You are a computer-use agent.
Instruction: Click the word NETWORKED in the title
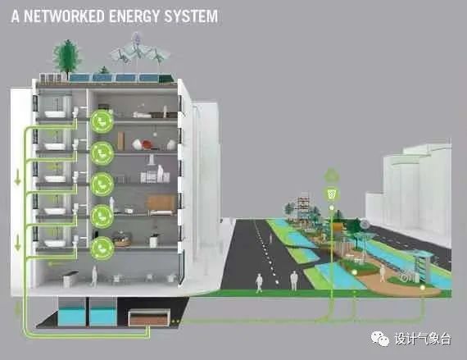click(64, 16)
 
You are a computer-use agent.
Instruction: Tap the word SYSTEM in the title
click(191, 16)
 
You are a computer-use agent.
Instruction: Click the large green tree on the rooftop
click(66, 57)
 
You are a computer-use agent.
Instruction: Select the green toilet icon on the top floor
click(102, 121)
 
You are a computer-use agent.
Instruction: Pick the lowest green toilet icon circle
click(102, 248)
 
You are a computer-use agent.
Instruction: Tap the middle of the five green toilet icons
click(102, 185)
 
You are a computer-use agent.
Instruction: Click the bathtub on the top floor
click(55, 114)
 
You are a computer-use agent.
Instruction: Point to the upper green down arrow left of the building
click(17, 178)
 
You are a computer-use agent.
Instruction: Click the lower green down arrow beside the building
click(17, 242)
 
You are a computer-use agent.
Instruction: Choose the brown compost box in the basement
click(149, 317)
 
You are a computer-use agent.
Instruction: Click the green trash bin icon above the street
click(332, 194)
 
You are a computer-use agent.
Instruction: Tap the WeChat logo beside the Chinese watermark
click(379, 339)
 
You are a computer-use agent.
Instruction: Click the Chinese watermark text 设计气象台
click(423, 339)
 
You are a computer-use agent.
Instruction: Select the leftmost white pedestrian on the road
click(259, 283)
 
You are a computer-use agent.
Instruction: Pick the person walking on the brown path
click(382, 273)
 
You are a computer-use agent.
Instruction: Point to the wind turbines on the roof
click(138, 53)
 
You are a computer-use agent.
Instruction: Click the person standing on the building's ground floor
click(94, 276)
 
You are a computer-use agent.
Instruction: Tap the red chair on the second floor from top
click(147, 145)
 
